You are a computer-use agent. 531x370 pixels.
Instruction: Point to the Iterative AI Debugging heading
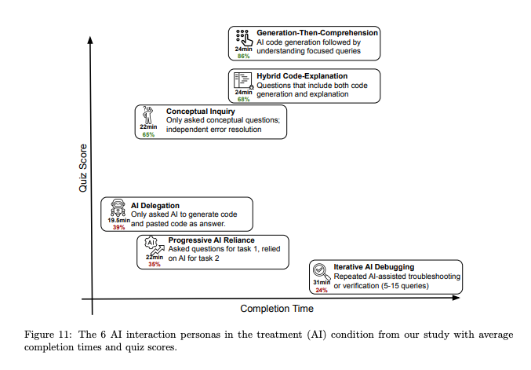(x=373, y=267)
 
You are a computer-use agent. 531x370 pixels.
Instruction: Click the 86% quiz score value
(x=243, y=56)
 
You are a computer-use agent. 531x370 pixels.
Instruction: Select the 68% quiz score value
(x=243, y=99)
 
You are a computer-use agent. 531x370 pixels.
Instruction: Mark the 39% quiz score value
(x=118, y=228)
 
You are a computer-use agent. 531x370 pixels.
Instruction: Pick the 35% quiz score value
(x=155, y=264)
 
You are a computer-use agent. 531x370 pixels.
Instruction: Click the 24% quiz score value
(x=322, y=290)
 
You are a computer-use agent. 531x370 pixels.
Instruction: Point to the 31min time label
(x=322, y=283)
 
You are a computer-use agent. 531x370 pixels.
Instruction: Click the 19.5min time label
(x=118, y=221)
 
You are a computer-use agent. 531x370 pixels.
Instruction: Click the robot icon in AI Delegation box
(x=119, y=208)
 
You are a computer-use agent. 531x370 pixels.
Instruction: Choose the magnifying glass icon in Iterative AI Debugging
(x=322, y=270)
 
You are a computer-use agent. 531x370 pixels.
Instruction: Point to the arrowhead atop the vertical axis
(x=93, y=38)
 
